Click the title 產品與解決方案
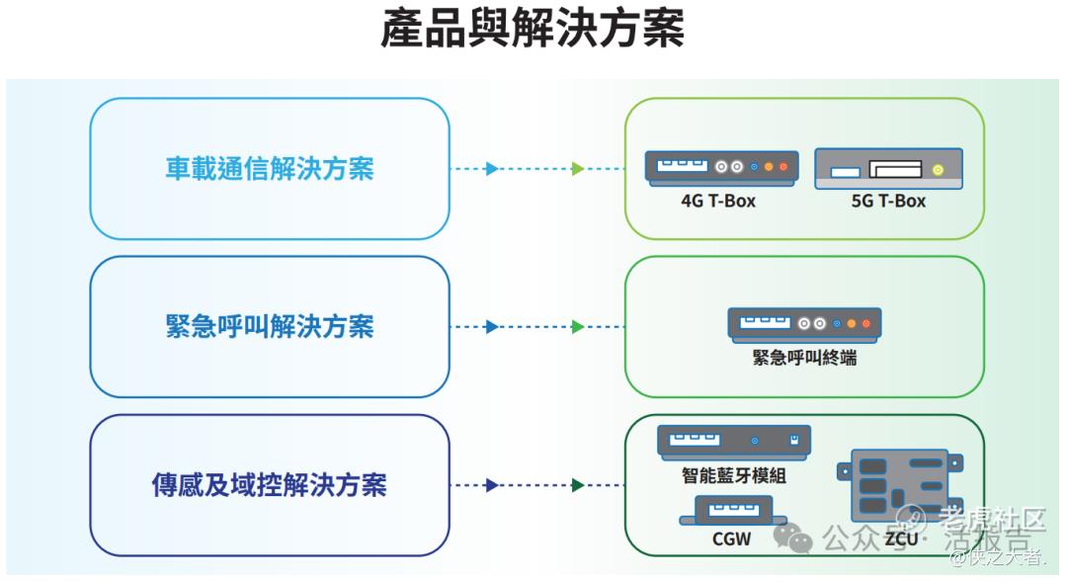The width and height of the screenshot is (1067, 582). (x=533, y=29)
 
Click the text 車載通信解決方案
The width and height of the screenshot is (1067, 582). (x=270, y=168)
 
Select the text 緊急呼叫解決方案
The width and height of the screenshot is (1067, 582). (x=270, y=326)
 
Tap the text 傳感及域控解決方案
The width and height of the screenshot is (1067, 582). (x=270, y=484)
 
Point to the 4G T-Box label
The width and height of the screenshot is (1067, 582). (x=718, y=201)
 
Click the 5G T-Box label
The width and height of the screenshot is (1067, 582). (x=888, y=201)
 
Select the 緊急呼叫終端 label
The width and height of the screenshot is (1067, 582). (x=804, y=358)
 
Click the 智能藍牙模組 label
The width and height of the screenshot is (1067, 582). (x=734, y=474)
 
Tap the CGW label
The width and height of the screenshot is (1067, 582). (x=732, y=539)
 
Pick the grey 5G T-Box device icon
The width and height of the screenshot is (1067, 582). (x=888, y=169)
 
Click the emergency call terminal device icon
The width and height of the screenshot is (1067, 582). (x=804, y=323)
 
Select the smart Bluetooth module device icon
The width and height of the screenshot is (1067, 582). (x=734, y=441)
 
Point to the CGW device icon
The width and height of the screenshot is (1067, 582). (x=732, y=511)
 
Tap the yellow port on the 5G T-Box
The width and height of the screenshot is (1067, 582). (x=938, y=170)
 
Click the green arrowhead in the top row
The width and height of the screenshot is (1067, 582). (x=578, y=168)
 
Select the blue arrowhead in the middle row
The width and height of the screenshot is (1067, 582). (x=491, y=326)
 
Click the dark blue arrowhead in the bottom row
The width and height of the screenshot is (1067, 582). (x=491, y=484)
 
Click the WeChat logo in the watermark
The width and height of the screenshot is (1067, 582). (x=793, y=538)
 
